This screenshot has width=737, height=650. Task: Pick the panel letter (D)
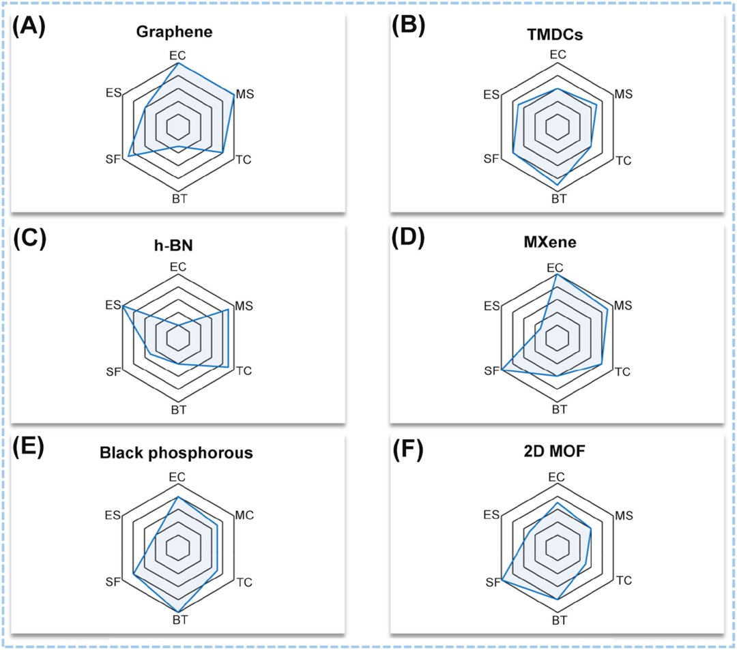[x=407, y=239]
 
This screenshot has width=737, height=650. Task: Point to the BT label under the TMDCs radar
[x=559, y=199]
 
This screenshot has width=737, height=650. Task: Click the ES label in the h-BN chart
[x=113, y=304]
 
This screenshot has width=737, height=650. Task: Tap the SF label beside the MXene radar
[x=491, y=370]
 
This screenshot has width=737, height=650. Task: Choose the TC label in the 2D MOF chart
[x=623, y=580]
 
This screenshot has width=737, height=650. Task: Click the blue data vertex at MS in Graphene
[x=234, y=96]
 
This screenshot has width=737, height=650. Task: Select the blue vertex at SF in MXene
[x=502, y=370]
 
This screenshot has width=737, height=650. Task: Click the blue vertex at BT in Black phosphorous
[x=179, y=610]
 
